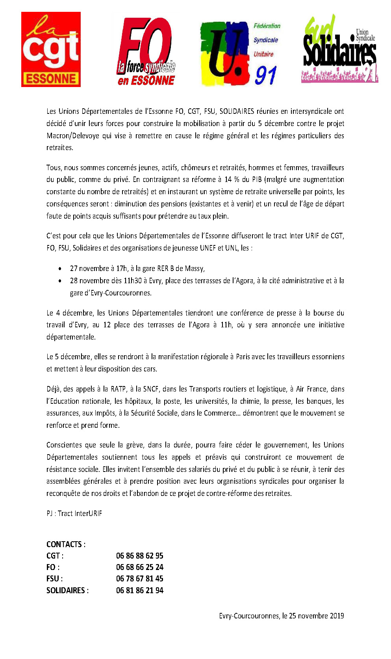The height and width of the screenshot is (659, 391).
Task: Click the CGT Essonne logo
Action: point(51,49)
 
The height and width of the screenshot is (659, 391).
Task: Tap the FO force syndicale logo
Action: point(146,52)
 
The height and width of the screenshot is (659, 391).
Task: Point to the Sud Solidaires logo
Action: point(339,49)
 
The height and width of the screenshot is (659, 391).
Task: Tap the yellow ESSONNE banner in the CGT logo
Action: point(51,79)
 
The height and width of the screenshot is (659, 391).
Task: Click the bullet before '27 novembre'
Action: point(60,269)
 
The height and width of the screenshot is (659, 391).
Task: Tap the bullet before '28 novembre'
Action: point(60,281)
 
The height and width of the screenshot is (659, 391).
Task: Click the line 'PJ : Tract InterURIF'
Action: point(74,513)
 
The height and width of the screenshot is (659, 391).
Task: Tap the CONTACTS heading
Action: point(66,544)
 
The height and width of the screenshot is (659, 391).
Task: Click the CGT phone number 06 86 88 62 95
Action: point(139,556)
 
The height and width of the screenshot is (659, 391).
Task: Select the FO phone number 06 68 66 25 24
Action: point(139,567)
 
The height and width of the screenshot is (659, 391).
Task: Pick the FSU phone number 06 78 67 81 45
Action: point(139,579)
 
